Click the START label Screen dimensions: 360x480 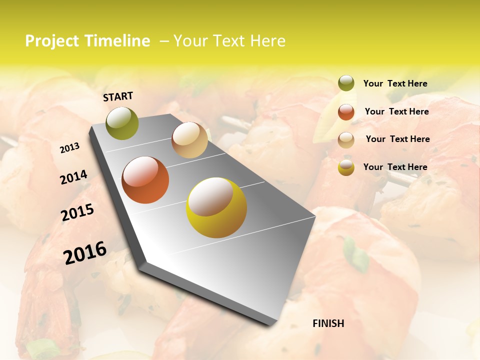pyautogui.click(x=118, y=96)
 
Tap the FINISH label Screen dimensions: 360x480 pyautogui.click(x=328, y=323)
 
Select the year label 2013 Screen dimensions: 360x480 pyautogui.click(x=69, y=147)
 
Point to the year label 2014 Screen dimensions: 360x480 pyautogui.click(x=73, y=177)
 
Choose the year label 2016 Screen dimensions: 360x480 pyautogui.click(x=85, y=252)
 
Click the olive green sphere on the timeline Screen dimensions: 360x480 pyautogui.click(x=122, y=123)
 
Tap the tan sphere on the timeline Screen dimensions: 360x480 pyautogui.click(x=189, y=140)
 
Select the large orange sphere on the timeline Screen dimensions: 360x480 pyautogui.click(x=145, y=180)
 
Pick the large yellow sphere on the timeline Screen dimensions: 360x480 pyautogui.click(x=216, y=207)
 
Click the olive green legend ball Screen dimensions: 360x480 pyautogui.click(x=346, y=83)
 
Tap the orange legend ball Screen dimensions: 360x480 pyautogui.click(x=346, y=111)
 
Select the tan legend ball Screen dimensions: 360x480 pyautogui.click(x=346, y=139)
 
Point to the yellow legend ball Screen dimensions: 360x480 pyautogui.click(x=346, y=167)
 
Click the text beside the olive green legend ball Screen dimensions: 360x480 pyautogui.click(x=395, y=83)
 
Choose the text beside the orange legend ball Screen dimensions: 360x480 pyautogui.click(x=396, y=111)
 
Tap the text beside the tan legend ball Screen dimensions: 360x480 pyautogui.click(x=397, y=139)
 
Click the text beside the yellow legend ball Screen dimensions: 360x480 pyautogui.click(x=395, y=167)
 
